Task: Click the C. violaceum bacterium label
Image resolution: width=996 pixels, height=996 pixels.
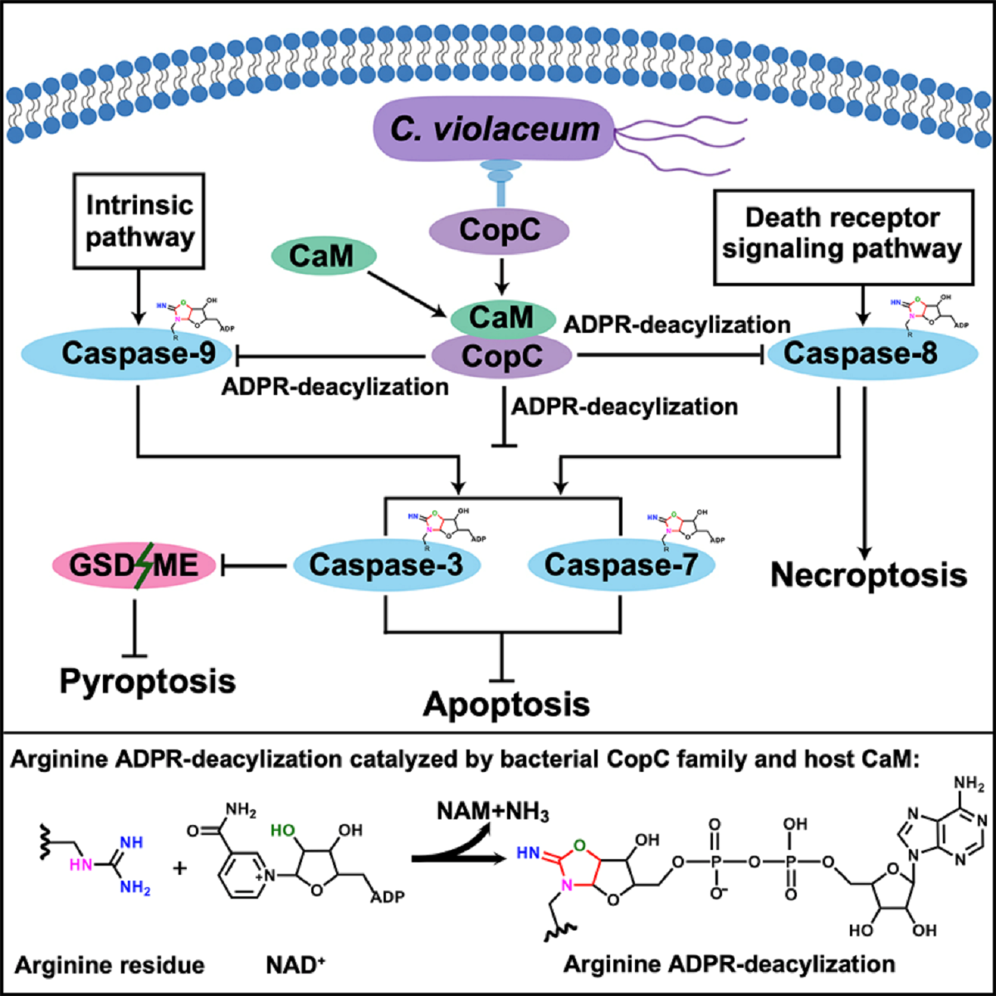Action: (496, 129)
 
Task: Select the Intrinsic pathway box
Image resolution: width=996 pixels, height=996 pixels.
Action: (139, 221)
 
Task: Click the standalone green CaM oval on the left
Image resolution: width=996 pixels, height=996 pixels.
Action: (322, 256)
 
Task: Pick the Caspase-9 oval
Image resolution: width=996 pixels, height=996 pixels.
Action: (139, 354)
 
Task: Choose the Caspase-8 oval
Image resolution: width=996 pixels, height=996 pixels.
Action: (861, 354)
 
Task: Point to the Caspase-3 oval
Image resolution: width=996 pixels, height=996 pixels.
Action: (386, 565)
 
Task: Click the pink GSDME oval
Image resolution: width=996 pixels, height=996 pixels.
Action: (134, 566)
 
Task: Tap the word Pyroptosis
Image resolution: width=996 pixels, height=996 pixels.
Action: (148, 681)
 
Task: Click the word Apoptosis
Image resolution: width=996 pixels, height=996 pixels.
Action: (506, 705)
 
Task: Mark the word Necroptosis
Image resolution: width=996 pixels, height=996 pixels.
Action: (869, 575)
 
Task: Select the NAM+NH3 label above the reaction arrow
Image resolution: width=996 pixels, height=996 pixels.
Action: (493, 812)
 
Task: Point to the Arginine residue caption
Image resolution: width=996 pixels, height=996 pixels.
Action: (110, 965)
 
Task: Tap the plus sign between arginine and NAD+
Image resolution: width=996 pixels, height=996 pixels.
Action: (179, 867)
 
